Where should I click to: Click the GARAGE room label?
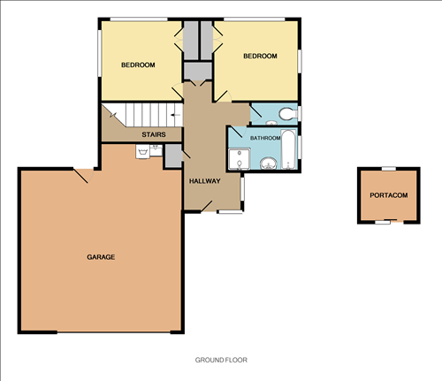[101, 256]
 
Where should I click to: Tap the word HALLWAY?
[205, 180]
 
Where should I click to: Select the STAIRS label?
[156, 134]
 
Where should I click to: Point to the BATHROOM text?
[265, 139]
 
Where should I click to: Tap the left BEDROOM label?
[138, 65]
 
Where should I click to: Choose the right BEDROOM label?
[260, 56]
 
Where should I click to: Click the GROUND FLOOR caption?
[221, 361]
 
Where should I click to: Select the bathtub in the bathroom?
[289, 150]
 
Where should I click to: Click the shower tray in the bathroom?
[239, 159]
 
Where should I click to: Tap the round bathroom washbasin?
[267, 162]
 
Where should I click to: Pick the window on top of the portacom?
[388, 168]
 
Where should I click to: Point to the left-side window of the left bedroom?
[99, 59]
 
